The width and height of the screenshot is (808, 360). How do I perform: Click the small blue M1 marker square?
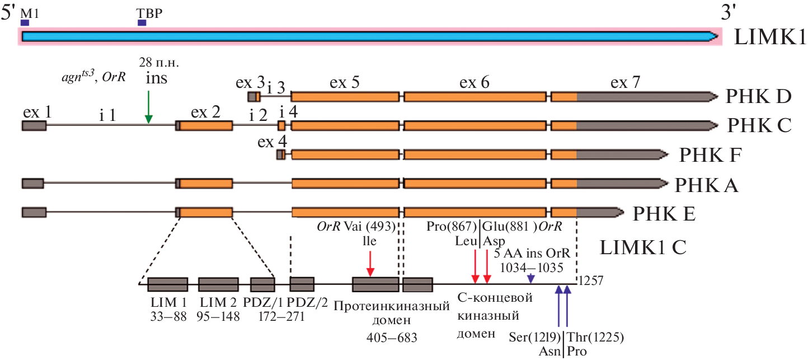point(25,22)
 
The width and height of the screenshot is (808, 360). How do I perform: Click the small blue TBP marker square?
point(142,22)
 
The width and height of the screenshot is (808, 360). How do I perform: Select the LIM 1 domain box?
point(167,284)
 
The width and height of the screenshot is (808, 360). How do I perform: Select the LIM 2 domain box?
point(218,284)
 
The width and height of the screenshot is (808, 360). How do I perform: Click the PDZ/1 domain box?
point(262,284)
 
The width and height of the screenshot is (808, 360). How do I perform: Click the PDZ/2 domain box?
point(302,284)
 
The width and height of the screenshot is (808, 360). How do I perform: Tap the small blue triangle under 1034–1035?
point(531,279)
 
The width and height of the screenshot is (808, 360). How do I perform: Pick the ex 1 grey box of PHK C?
point(34,125)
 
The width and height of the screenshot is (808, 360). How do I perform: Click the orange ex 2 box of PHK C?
point(206,125)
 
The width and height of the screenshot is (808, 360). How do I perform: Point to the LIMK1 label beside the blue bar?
point(770,38)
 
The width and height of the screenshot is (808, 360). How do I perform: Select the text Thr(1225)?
point(595,337)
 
